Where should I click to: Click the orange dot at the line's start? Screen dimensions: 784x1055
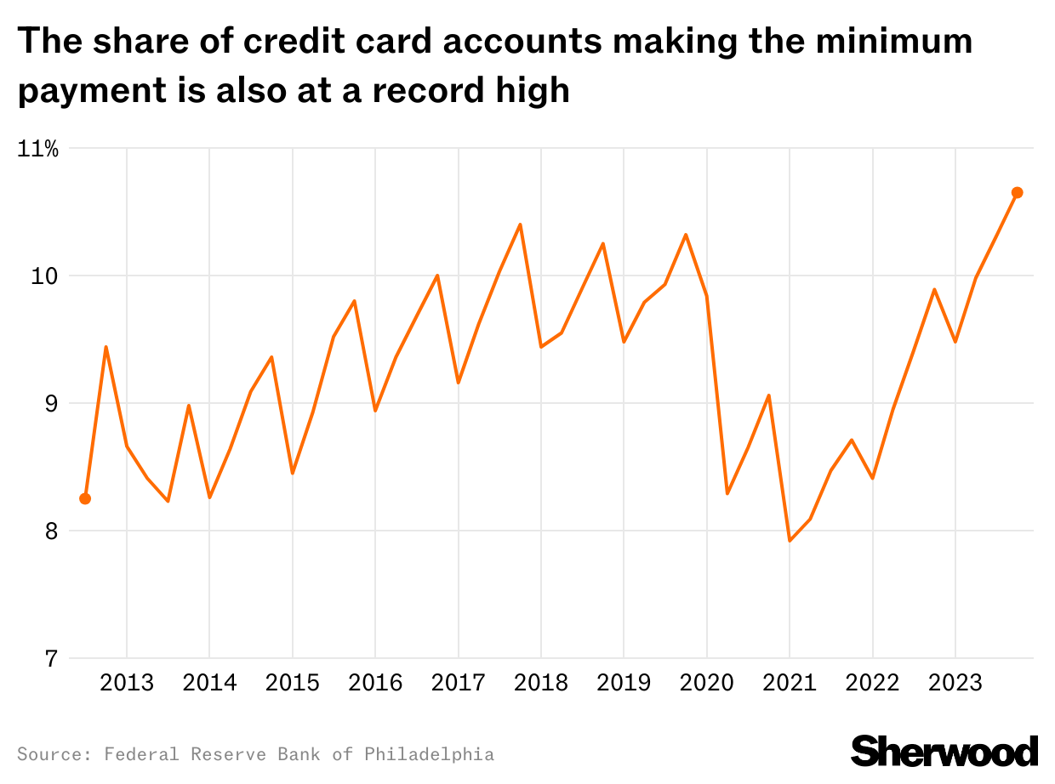[x=85, y=498]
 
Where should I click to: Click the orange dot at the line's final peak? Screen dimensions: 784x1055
[x=1017, y=193]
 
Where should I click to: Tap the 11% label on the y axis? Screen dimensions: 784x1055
[x=38, y=150]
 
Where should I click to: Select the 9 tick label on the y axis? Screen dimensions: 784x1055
[x=51, y=404]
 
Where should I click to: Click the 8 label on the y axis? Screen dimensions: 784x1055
[x=51, y=531]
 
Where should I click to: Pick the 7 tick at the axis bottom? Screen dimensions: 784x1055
[x=51, y=659]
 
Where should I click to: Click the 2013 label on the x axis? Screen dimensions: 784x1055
[x=127, y=684]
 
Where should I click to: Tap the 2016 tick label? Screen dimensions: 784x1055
[x=375, y=684]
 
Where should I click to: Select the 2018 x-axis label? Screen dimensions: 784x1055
[x=541, y=684]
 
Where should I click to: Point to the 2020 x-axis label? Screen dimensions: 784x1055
[x=707, y=684]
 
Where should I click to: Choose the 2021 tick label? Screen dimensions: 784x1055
[x=790, y=684]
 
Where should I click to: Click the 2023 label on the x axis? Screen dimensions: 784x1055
[x=955, y=684]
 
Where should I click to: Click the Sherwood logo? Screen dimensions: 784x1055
[x=944, y=751]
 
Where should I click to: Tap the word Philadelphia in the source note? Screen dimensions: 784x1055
[x=429, y=754]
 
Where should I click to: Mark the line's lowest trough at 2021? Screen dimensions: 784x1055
[x=790, y=541]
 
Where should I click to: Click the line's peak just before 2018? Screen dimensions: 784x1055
[x=520, y=224]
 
